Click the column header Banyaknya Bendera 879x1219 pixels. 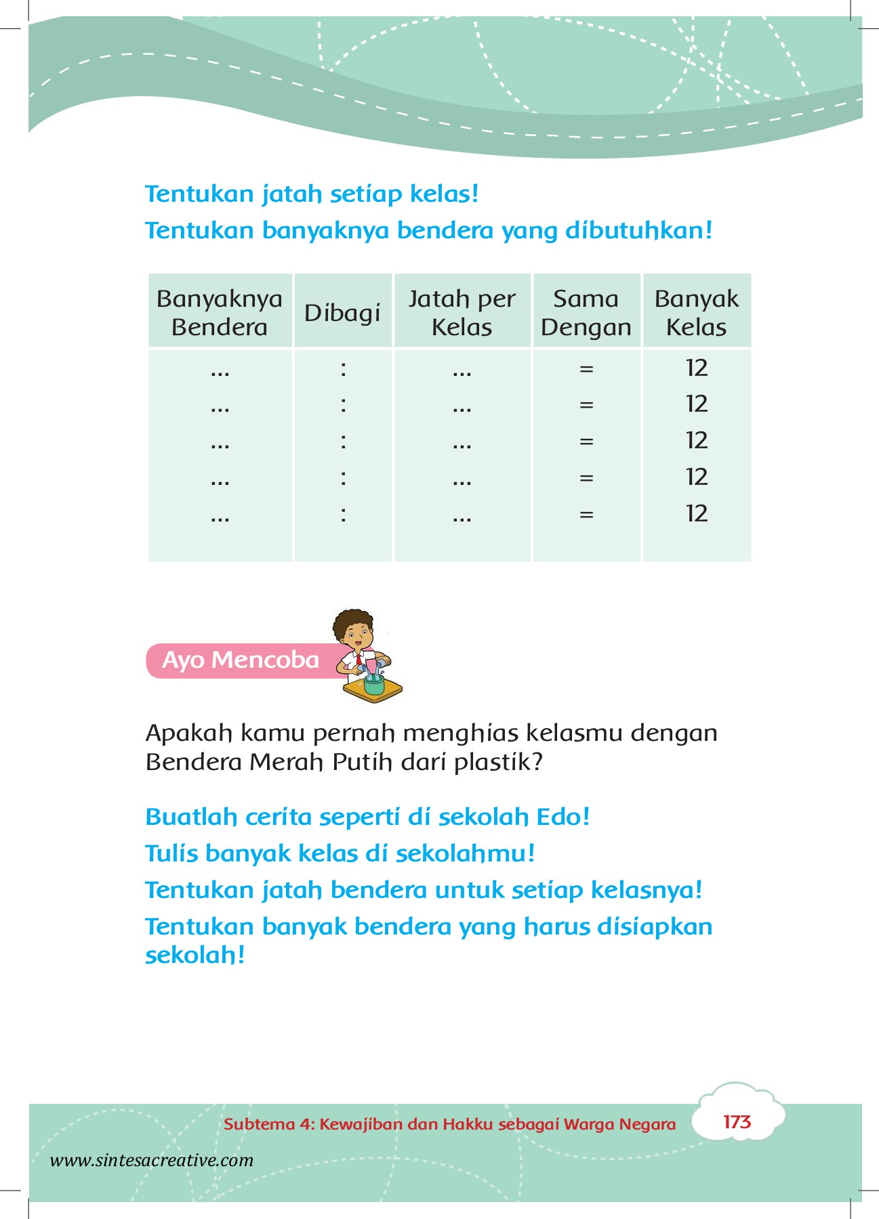click(x=220, y=312)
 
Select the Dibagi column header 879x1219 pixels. click(x=342, y=313)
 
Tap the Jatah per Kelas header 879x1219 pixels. click(x=462, y=312)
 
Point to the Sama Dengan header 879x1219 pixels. click(x=586, y=312)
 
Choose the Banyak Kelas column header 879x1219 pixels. click(x=696, y=312)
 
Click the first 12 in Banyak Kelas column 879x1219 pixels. click(x=696, y=368)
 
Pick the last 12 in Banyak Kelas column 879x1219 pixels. click(x=696, y=513)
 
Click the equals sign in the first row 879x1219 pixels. click(x=586, y=369)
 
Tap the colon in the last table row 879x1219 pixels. click(x=344, y=514)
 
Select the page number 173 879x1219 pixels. click(x=737, y=1122)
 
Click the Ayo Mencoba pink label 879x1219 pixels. click(x=241, y=660)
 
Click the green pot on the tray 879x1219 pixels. click(x=373, y=685)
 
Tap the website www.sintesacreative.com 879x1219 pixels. click(x=152, y=1160)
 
